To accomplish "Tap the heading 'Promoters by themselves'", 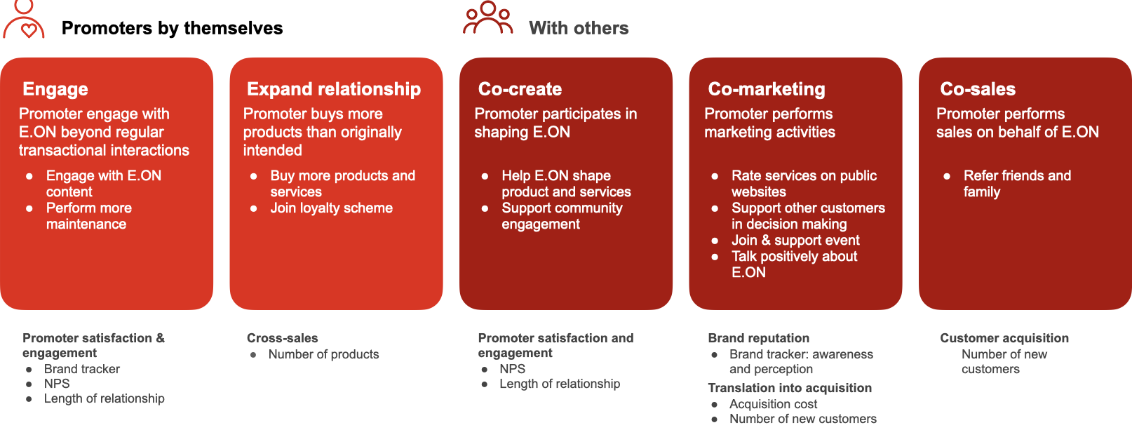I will (x=172, y=28).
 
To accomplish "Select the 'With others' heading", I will (x=579, y=28).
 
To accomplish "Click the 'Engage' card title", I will (x=55, y=89).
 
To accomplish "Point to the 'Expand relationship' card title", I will (x=334, y=89).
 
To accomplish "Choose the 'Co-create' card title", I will (x=520, y=89).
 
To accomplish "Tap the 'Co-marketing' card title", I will (x=767, y=89).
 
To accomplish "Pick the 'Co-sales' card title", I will (x=978, y=89).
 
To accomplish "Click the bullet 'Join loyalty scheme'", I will (x=331, y=208).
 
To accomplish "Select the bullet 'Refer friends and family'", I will (x=1016, y=183).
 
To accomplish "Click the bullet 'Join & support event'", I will (x=795, y=240).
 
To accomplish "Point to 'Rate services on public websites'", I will (x=804, y=183).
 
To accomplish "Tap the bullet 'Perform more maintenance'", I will (x=88, y=215).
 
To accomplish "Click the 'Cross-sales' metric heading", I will (x=282, y=338).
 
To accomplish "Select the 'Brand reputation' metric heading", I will (x=758, y=338).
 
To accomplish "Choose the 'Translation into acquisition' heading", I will (x=790, y=388).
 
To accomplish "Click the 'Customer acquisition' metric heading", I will (x=1004, y=338).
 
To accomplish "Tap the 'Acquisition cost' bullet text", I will (x=773, y=404).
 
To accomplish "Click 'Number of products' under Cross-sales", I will (x=323, y=354).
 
